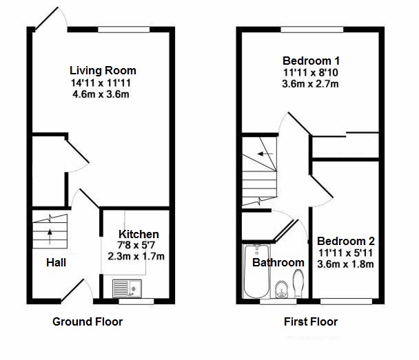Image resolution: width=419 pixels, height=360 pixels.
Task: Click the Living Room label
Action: tap(103, 70)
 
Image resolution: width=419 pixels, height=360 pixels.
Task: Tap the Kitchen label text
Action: tap(139, 234)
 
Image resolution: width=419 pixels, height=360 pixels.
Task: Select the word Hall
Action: tap(56, 262)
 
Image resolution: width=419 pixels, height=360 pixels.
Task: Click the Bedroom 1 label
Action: tap(311, 61)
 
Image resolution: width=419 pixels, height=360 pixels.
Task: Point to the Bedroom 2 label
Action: tap(346, 241)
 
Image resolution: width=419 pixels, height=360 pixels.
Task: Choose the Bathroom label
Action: tap(278, 262)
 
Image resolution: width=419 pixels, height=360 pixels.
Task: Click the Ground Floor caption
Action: tap(88, 321)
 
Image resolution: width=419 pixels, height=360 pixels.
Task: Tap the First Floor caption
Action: tap(311, 321)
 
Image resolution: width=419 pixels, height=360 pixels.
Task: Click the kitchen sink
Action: tap(127, 288)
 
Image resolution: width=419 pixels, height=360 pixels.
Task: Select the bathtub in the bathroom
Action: tap(256, 271)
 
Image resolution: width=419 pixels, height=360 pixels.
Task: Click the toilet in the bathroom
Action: tap(298, 283)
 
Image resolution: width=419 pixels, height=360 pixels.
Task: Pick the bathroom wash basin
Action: tap(281, 289)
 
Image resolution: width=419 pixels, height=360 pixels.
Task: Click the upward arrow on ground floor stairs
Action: tap(50, 237)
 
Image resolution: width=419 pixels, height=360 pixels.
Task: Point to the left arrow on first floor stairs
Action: tap(265, 154)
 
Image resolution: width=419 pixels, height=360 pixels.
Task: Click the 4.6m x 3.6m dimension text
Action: tap(101, 94)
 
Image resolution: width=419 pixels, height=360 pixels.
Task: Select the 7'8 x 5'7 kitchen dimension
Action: tap(136, 245)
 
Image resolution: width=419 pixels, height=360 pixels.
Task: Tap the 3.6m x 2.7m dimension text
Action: tap(310, 84)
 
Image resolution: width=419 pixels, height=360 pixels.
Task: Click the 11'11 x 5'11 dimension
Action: tap(345, 253)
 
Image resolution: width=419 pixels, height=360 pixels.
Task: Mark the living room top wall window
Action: tap(124, 30)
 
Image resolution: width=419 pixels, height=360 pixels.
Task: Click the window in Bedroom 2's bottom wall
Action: tap(346, 301)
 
